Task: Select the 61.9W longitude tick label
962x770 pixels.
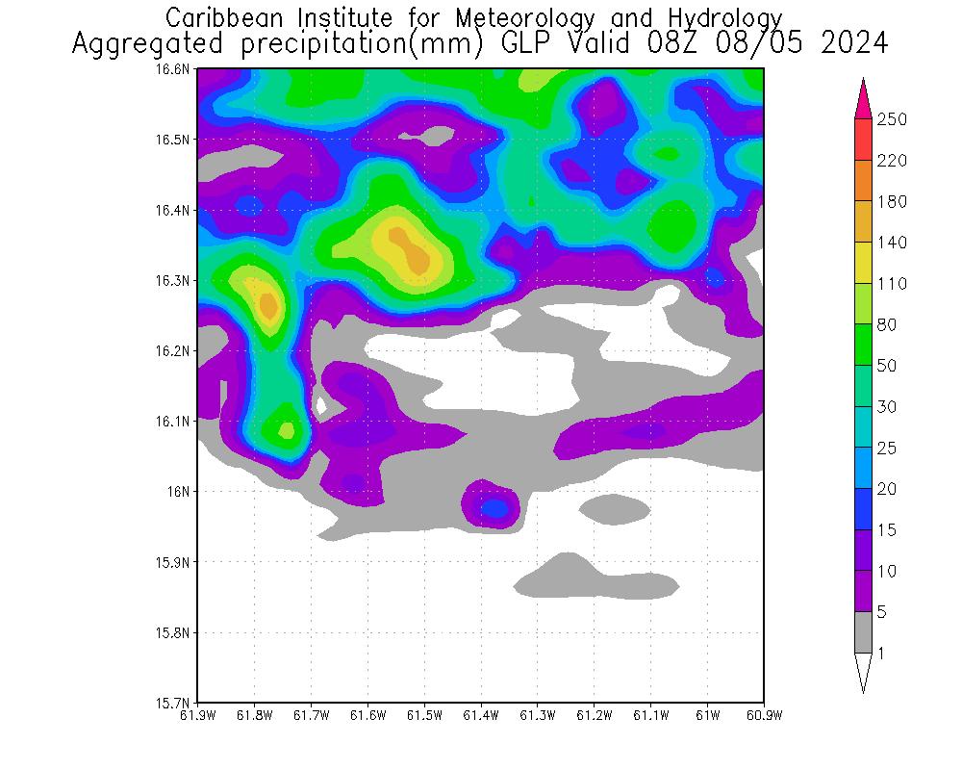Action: (198, 715)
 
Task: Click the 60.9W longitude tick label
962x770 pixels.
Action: (764, 715)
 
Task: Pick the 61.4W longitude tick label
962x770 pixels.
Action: (481, 715)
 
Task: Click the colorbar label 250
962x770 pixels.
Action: (893, 119)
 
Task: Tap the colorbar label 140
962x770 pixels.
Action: (893, 243)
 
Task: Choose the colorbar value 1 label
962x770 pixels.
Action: (881, 654)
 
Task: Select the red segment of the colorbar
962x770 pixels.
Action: (862, 140)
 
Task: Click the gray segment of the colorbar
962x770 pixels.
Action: (862, 632)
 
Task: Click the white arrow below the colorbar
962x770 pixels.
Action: (862, 672)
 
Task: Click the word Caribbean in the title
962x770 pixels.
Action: (221, 17)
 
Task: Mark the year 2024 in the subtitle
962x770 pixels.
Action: (852, 44)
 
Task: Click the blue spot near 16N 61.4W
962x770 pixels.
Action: (494, 507)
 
